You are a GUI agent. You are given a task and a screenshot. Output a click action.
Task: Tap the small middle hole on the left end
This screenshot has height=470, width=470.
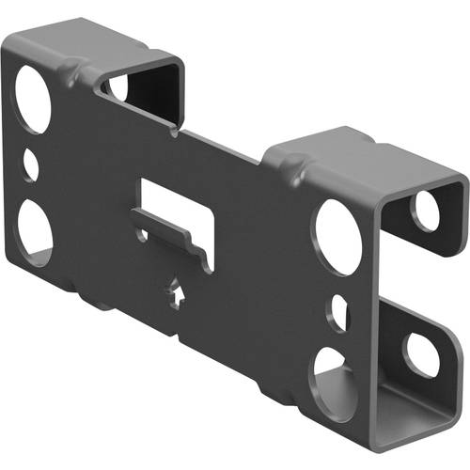31,165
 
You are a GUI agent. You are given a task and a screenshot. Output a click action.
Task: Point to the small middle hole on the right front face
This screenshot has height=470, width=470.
338,315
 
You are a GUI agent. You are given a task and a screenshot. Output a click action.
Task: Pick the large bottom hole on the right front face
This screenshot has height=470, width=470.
335,380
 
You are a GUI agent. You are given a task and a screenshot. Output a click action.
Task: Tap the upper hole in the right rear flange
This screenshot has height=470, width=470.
427,211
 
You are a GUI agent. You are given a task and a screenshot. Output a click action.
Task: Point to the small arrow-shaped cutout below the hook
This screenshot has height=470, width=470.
178,292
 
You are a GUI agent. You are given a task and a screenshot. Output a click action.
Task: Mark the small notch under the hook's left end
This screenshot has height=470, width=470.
143,231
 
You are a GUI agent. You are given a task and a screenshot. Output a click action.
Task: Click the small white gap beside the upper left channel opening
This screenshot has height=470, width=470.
117,86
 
